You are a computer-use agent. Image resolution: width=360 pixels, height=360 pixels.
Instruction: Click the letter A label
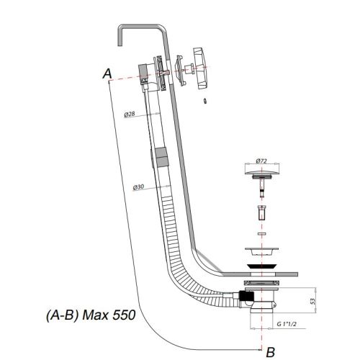(x=107, y=73)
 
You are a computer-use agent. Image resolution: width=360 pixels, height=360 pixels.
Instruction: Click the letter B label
(x=271, y=352)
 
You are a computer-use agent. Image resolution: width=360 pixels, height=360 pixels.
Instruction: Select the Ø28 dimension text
(x=130, y=114)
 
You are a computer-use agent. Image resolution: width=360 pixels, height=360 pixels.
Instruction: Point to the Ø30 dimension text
(x=138, y=187)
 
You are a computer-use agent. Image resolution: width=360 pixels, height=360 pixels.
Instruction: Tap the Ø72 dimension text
(x=261, y=161)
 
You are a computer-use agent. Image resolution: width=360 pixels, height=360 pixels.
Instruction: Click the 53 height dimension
(x=312, y=301)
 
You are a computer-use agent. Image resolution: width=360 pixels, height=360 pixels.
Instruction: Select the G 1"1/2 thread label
(x=287, y=324)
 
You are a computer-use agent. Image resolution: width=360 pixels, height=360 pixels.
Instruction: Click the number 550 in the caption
(x=124, y=315)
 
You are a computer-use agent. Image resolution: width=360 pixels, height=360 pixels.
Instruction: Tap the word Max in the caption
(x=95, y=315)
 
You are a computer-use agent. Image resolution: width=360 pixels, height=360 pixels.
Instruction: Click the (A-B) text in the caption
(x=63, y=315)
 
